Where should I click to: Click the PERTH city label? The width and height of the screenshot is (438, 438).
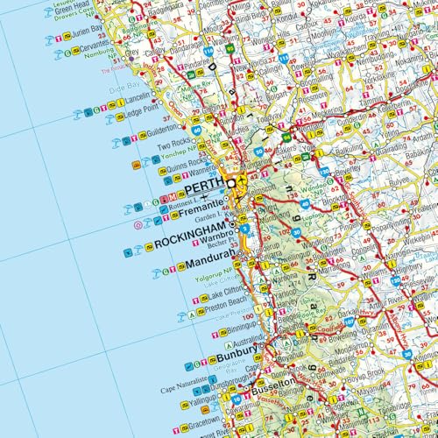(203, 188)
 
